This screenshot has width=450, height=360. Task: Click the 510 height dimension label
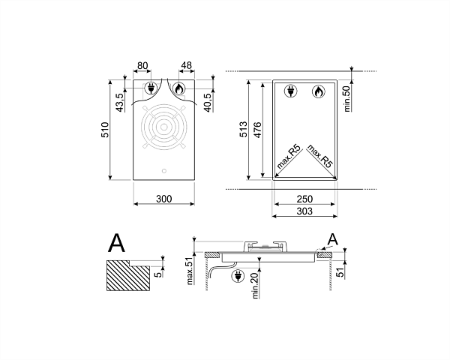pos(105,130)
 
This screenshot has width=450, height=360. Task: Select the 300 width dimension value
pos(163,199)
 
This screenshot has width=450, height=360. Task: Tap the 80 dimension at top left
pos(142,66)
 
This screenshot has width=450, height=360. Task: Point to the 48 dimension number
pos(186,65)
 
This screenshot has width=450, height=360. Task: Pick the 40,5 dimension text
pos(208,101)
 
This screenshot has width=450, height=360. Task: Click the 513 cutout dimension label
pos(243,129)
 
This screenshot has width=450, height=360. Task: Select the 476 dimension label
pos(258,130)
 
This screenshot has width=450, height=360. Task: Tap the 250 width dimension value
pos(304,199)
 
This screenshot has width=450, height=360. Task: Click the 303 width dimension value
pos(304,211)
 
